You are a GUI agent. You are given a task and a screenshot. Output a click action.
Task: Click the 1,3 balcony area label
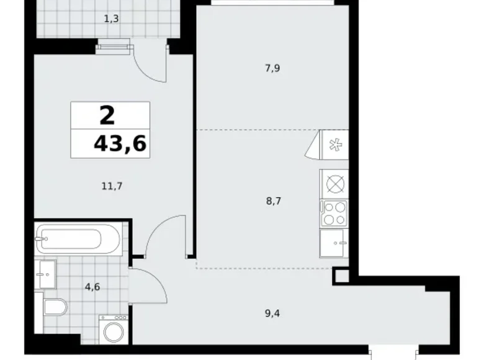click(x=112, y=19)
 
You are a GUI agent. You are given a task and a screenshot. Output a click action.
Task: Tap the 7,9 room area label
click(x=273, y=68)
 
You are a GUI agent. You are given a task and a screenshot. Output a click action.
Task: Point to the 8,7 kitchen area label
click(x=273, y=201)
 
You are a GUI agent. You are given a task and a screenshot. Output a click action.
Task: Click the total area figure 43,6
click(x=120, y=144)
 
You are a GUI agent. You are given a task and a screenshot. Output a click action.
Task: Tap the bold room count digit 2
click(x=107, y=115)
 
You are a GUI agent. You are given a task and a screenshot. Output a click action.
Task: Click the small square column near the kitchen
click(x=341, y=276)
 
